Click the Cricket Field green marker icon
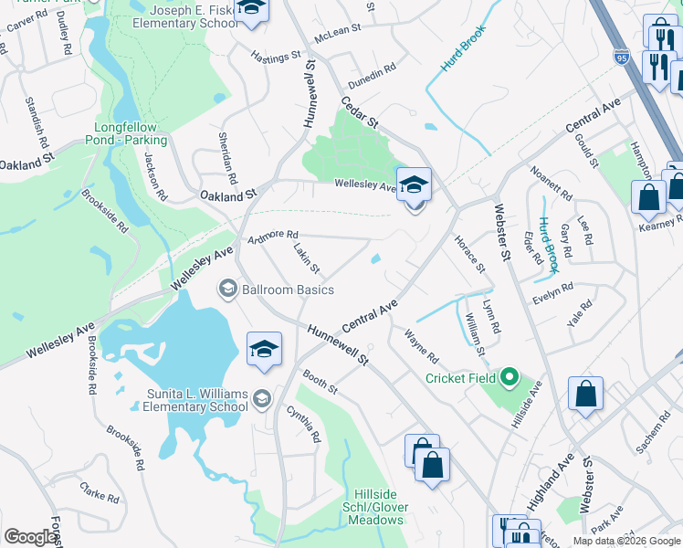tap(510, 377)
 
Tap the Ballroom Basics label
tap(288, 290)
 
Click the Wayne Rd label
tap(421, 346)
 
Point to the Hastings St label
tap(276, 57)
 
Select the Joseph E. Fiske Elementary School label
tap(183, 16)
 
